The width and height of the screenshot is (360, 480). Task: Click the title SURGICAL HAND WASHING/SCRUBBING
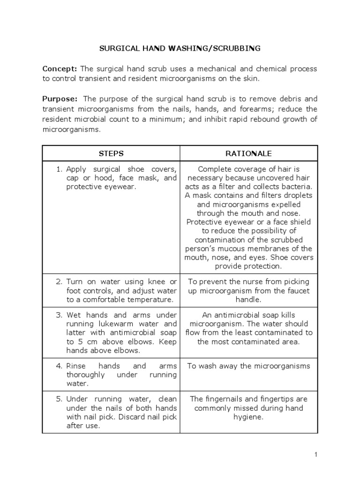pos(180,48)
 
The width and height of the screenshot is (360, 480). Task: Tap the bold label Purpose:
pos(60,99)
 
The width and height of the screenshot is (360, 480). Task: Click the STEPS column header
pos(111,153)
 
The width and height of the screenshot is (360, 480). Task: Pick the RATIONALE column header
pos(248,153)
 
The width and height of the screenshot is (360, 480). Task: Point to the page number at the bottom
pos(316,454)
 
